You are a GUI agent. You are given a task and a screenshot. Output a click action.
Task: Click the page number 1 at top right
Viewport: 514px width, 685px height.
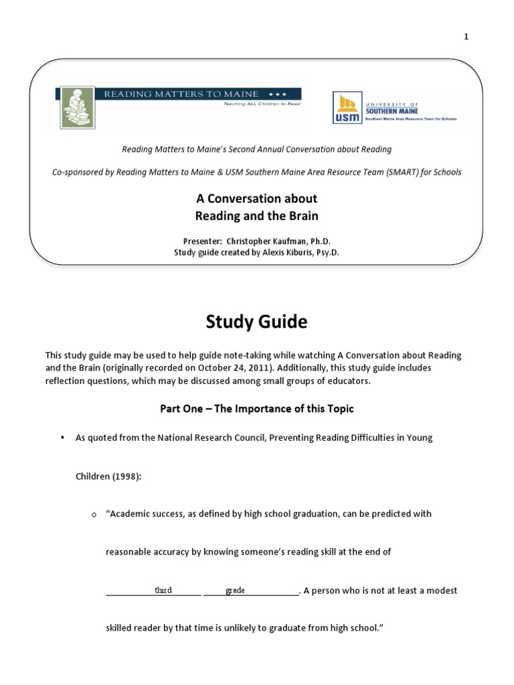[x=466, y=37]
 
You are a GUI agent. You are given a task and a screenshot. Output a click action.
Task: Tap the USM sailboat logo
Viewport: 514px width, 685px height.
[x=346, y=108]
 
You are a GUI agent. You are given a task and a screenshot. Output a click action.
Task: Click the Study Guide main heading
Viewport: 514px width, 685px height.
[x=256, y=322]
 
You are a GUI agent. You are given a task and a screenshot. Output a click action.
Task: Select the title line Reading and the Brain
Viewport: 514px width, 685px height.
[x=256, y=215]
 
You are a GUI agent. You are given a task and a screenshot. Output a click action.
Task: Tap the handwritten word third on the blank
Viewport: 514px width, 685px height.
[x=163, y=590]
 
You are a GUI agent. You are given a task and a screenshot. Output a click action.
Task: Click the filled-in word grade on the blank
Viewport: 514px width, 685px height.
[x=236, y=590]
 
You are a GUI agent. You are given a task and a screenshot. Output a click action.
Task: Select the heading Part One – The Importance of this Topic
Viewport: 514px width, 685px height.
[x=256, y=408]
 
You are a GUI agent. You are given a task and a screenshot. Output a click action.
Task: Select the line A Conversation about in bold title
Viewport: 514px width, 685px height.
[x=256, y=199]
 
